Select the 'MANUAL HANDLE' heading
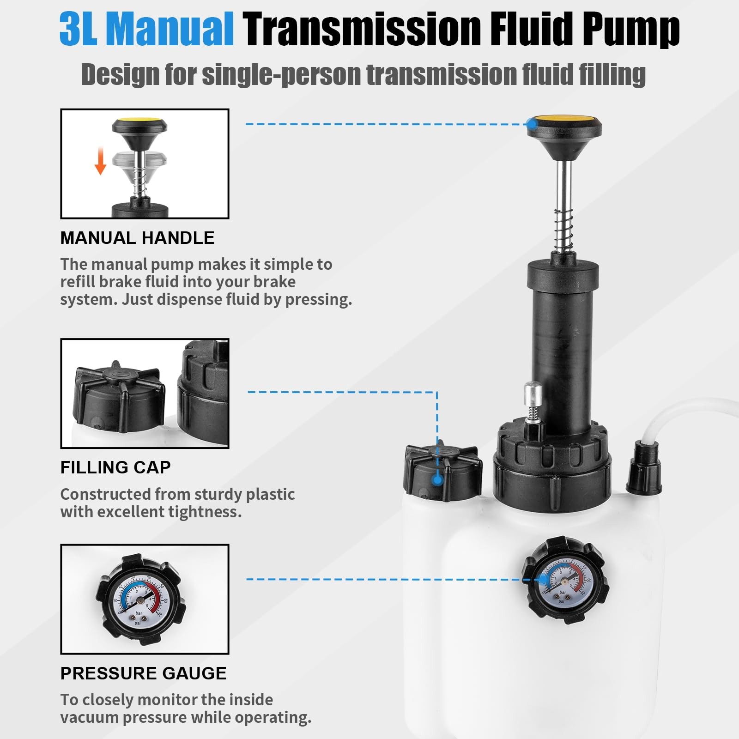point(137,238)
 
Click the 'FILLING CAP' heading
point(115,467)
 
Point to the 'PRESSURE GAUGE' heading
point(143,673)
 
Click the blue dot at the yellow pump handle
point(532,124)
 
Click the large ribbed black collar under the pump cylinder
point(552,466)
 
